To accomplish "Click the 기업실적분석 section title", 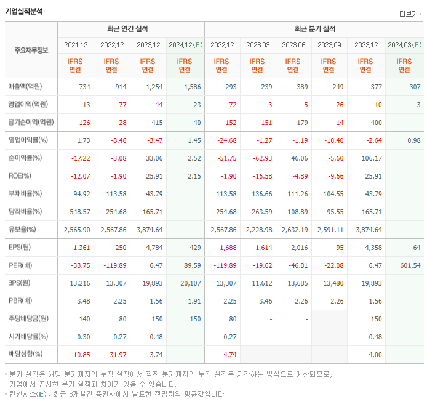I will (25, 10).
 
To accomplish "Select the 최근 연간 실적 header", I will (130, 29).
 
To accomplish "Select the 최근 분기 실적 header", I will (314, 29).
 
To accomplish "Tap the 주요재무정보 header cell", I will (31, 50).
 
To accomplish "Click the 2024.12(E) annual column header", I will (185, 45).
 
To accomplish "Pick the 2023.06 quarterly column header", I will (293, 45).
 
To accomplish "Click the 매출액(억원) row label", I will (28, 87).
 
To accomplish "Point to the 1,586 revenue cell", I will (192, 87).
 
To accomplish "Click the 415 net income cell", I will (157, 122).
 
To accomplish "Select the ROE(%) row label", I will (20, 175).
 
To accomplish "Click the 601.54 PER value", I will (409, 265).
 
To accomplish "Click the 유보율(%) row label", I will (22, 230).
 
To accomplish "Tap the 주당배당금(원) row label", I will (28, 319).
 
